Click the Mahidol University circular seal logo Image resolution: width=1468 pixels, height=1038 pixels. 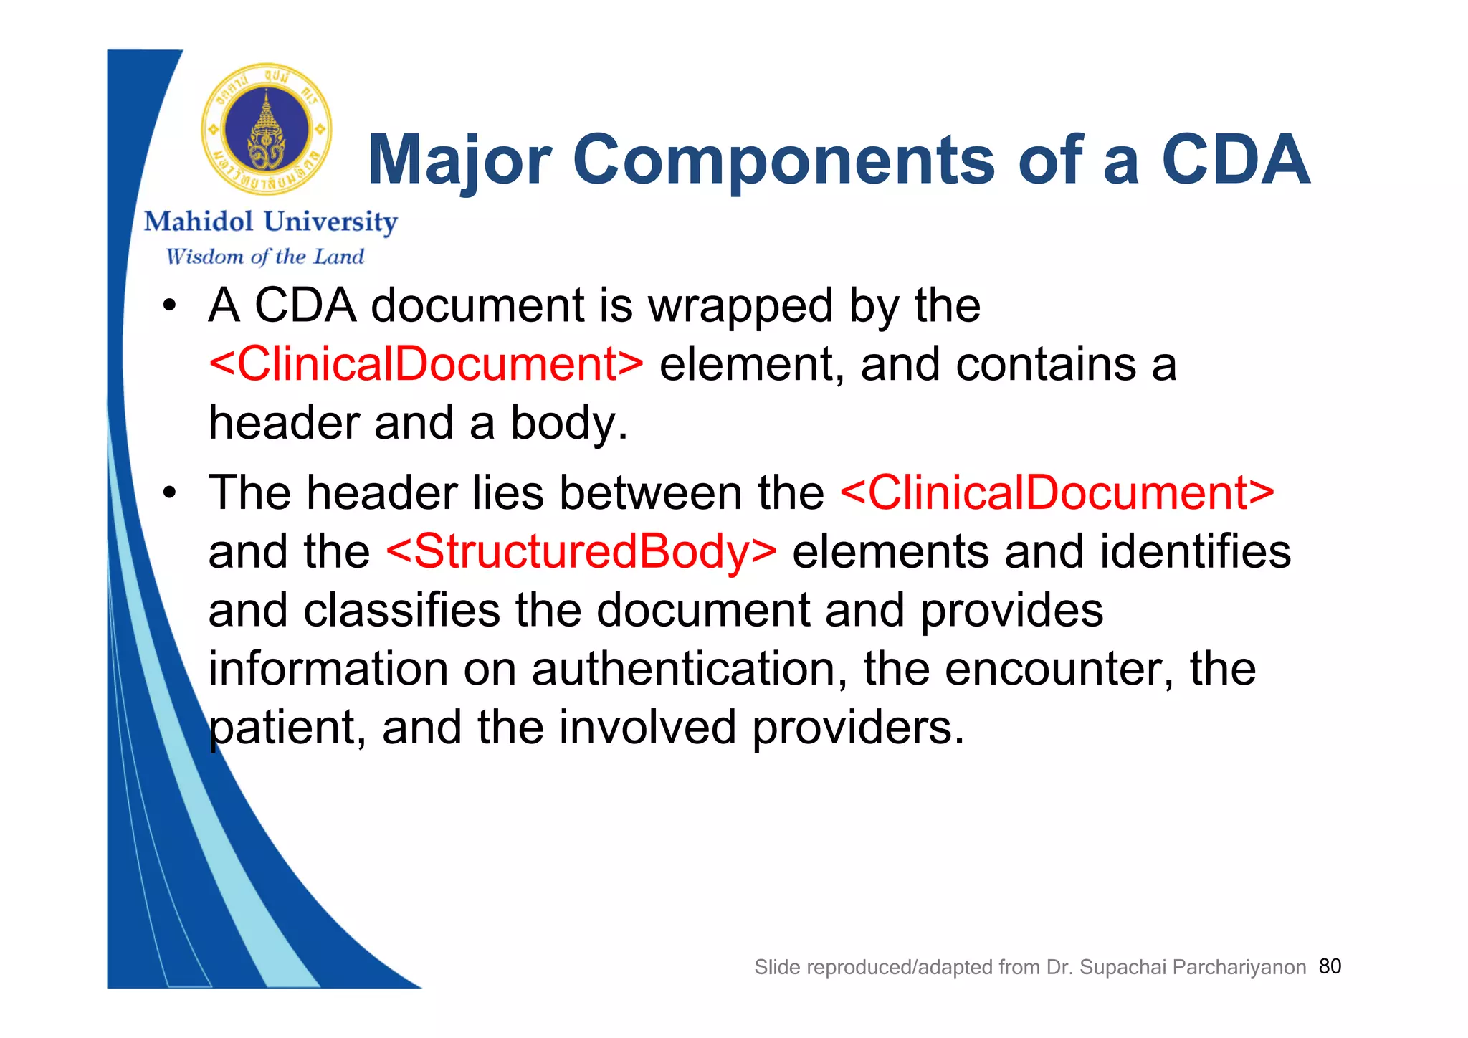[x=266, y=130]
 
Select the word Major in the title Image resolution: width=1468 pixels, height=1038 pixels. [x=459, y=161]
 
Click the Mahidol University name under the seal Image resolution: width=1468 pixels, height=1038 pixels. [x=271, y=222]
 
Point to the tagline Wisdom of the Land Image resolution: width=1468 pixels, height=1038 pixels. [x=264, y=257]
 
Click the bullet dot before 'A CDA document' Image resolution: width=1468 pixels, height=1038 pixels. [x=169, y=306]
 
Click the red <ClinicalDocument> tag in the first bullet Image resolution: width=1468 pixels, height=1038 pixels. [x=426, y=364]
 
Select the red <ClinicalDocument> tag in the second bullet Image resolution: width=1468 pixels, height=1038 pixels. [x=1057, y=493]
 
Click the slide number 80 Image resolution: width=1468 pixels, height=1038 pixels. [x=1330, y=966]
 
